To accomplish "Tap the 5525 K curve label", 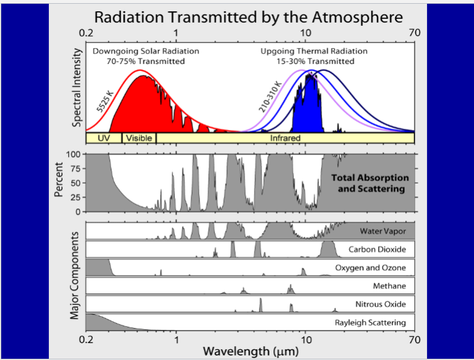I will tap(105, 101).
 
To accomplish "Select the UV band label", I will tap(103, 137).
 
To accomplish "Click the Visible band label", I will tap(139, 137).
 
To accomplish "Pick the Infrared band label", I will tap(285, 137).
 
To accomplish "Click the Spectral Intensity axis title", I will tap(77, 87).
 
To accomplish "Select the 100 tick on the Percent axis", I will tap(75, 154).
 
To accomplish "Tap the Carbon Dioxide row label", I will tap(377, 250).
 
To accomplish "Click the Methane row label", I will tap(389, 286).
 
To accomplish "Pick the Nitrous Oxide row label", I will tap(381, 305).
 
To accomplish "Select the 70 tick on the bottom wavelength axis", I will tap(413, 339).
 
